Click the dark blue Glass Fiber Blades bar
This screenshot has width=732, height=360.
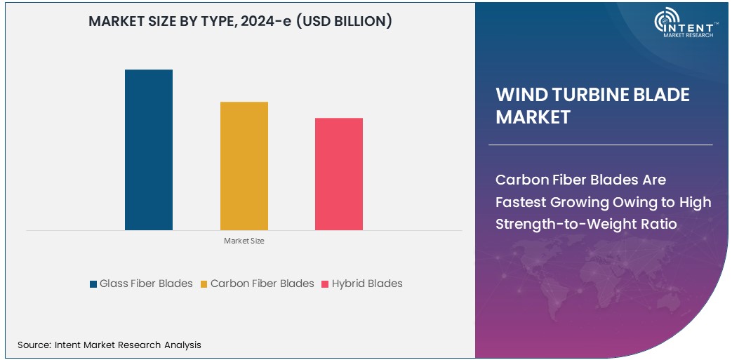coord(149,149)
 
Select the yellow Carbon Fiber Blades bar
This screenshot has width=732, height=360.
coord(244,166)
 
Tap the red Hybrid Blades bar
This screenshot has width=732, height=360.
coord(339,173)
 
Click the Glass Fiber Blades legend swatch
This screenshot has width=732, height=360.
coord(93,284)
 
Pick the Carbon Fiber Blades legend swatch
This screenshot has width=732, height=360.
coord(204,284)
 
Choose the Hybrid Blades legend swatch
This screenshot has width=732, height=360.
coord(326,284)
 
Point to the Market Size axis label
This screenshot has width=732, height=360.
coord(244,241)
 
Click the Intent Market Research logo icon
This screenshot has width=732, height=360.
coord(666,22)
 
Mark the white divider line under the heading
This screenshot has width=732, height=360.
coord(600,145)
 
